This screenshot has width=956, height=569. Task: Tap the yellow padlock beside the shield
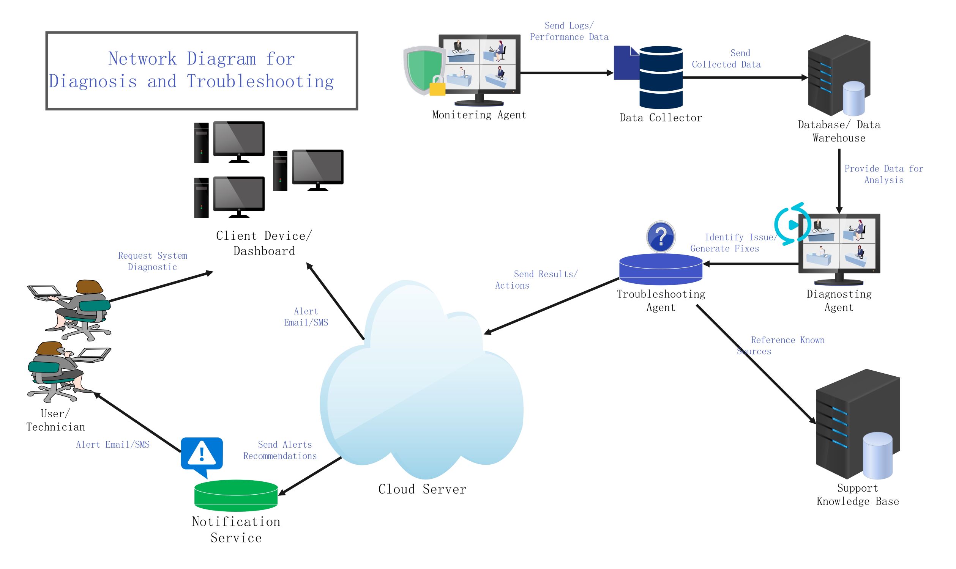pyautogui.click(x=437, y=86)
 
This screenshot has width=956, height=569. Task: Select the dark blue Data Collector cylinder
pyautogui.click(x=661, y=77)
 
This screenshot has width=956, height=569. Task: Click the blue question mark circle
pyautogui.click(x=661, y=237)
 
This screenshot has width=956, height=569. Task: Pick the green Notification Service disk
pyautogui.click(x=236, y=495)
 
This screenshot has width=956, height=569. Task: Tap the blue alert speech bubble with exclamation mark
pyautogui.click(x=202, y=454)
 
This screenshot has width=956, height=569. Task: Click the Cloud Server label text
pyautogui.click(x=422, y=489)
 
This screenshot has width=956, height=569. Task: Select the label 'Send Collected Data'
pyautogui.click(x=726, y=59)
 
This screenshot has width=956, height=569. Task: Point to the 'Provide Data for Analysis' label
pyautogui.click(x=883, y=174)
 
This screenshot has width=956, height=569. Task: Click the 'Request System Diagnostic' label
pyautogui.click(x=152, y=261)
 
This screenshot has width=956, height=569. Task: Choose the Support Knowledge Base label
pyautogui.click(x=857, y=495)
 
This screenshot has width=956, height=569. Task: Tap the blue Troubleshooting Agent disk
pyautogui.click(x=661, y=269)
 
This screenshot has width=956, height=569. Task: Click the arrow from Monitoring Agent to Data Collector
pyautogui.click(x=566, y=72)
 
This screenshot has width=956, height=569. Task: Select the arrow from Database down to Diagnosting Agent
pyautogui.click(x=839, y=180)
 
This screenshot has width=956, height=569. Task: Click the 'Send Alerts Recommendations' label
pyautogui.click(x=280, y=450)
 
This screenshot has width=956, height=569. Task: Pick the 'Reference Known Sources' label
pyautogui.click(x=781, y=346)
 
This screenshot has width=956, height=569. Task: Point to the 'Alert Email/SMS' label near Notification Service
pyautogui.click(x=112, y=444)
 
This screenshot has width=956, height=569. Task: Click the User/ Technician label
pyautogui.click(x=56, y=420)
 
